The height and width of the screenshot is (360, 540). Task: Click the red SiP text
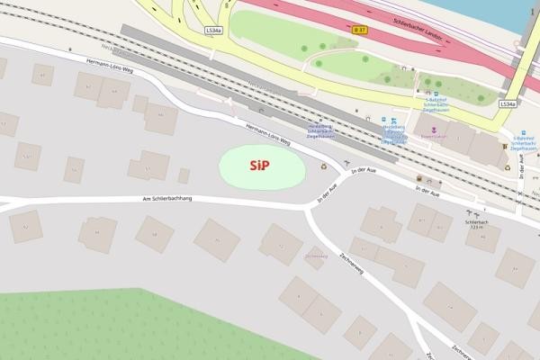(260, 166)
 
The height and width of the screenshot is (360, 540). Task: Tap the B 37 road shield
(360, 31)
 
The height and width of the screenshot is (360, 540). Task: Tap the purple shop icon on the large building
(434, 129)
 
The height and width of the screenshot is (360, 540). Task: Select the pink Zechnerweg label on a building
(316, 256)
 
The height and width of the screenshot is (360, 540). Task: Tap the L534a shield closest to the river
(508, 104)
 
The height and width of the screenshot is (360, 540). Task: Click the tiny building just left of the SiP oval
(184, 175)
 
